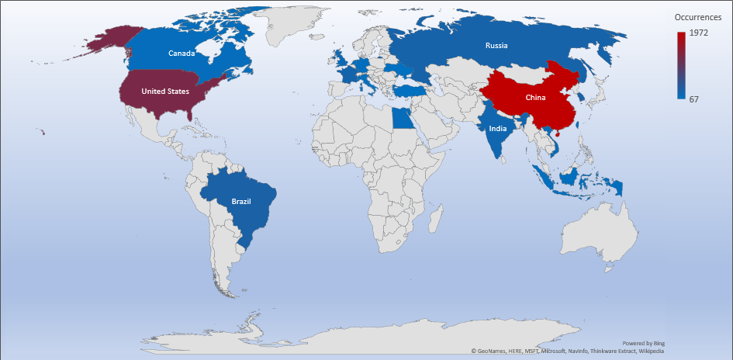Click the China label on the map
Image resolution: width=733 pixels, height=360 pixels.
click(x=535, y=98)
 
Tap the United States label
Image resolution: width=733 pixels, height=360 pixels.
click(x=164, y=91)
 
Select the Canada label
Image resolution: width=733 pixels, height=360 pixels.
click(x=181, y=54)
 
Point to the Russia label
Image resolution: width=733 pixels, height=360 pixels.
click(x=496, y=45)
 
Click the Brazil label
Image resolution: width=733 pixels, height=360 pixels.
click(x=241, y=202)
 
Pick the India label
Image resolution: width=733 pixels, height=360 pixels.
click(x=498, y=129)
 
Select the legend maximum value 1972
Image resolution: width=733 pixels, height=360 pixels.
click(x=700, y=33)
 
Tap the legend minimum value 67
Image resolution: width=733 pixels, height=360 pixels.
click(x=695, y=99)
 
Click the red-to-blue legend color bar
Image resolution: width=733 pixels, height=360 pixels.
click(x=681, y=65)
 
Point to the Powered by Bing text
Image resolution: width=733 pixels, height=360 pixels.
click(x=643, y=343)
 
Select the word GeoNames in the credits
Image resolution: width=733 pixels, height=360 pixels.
click(x=491, y=351)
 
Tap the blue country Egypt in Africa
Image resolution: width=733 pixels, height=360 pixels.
click(x=400, y=119)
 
